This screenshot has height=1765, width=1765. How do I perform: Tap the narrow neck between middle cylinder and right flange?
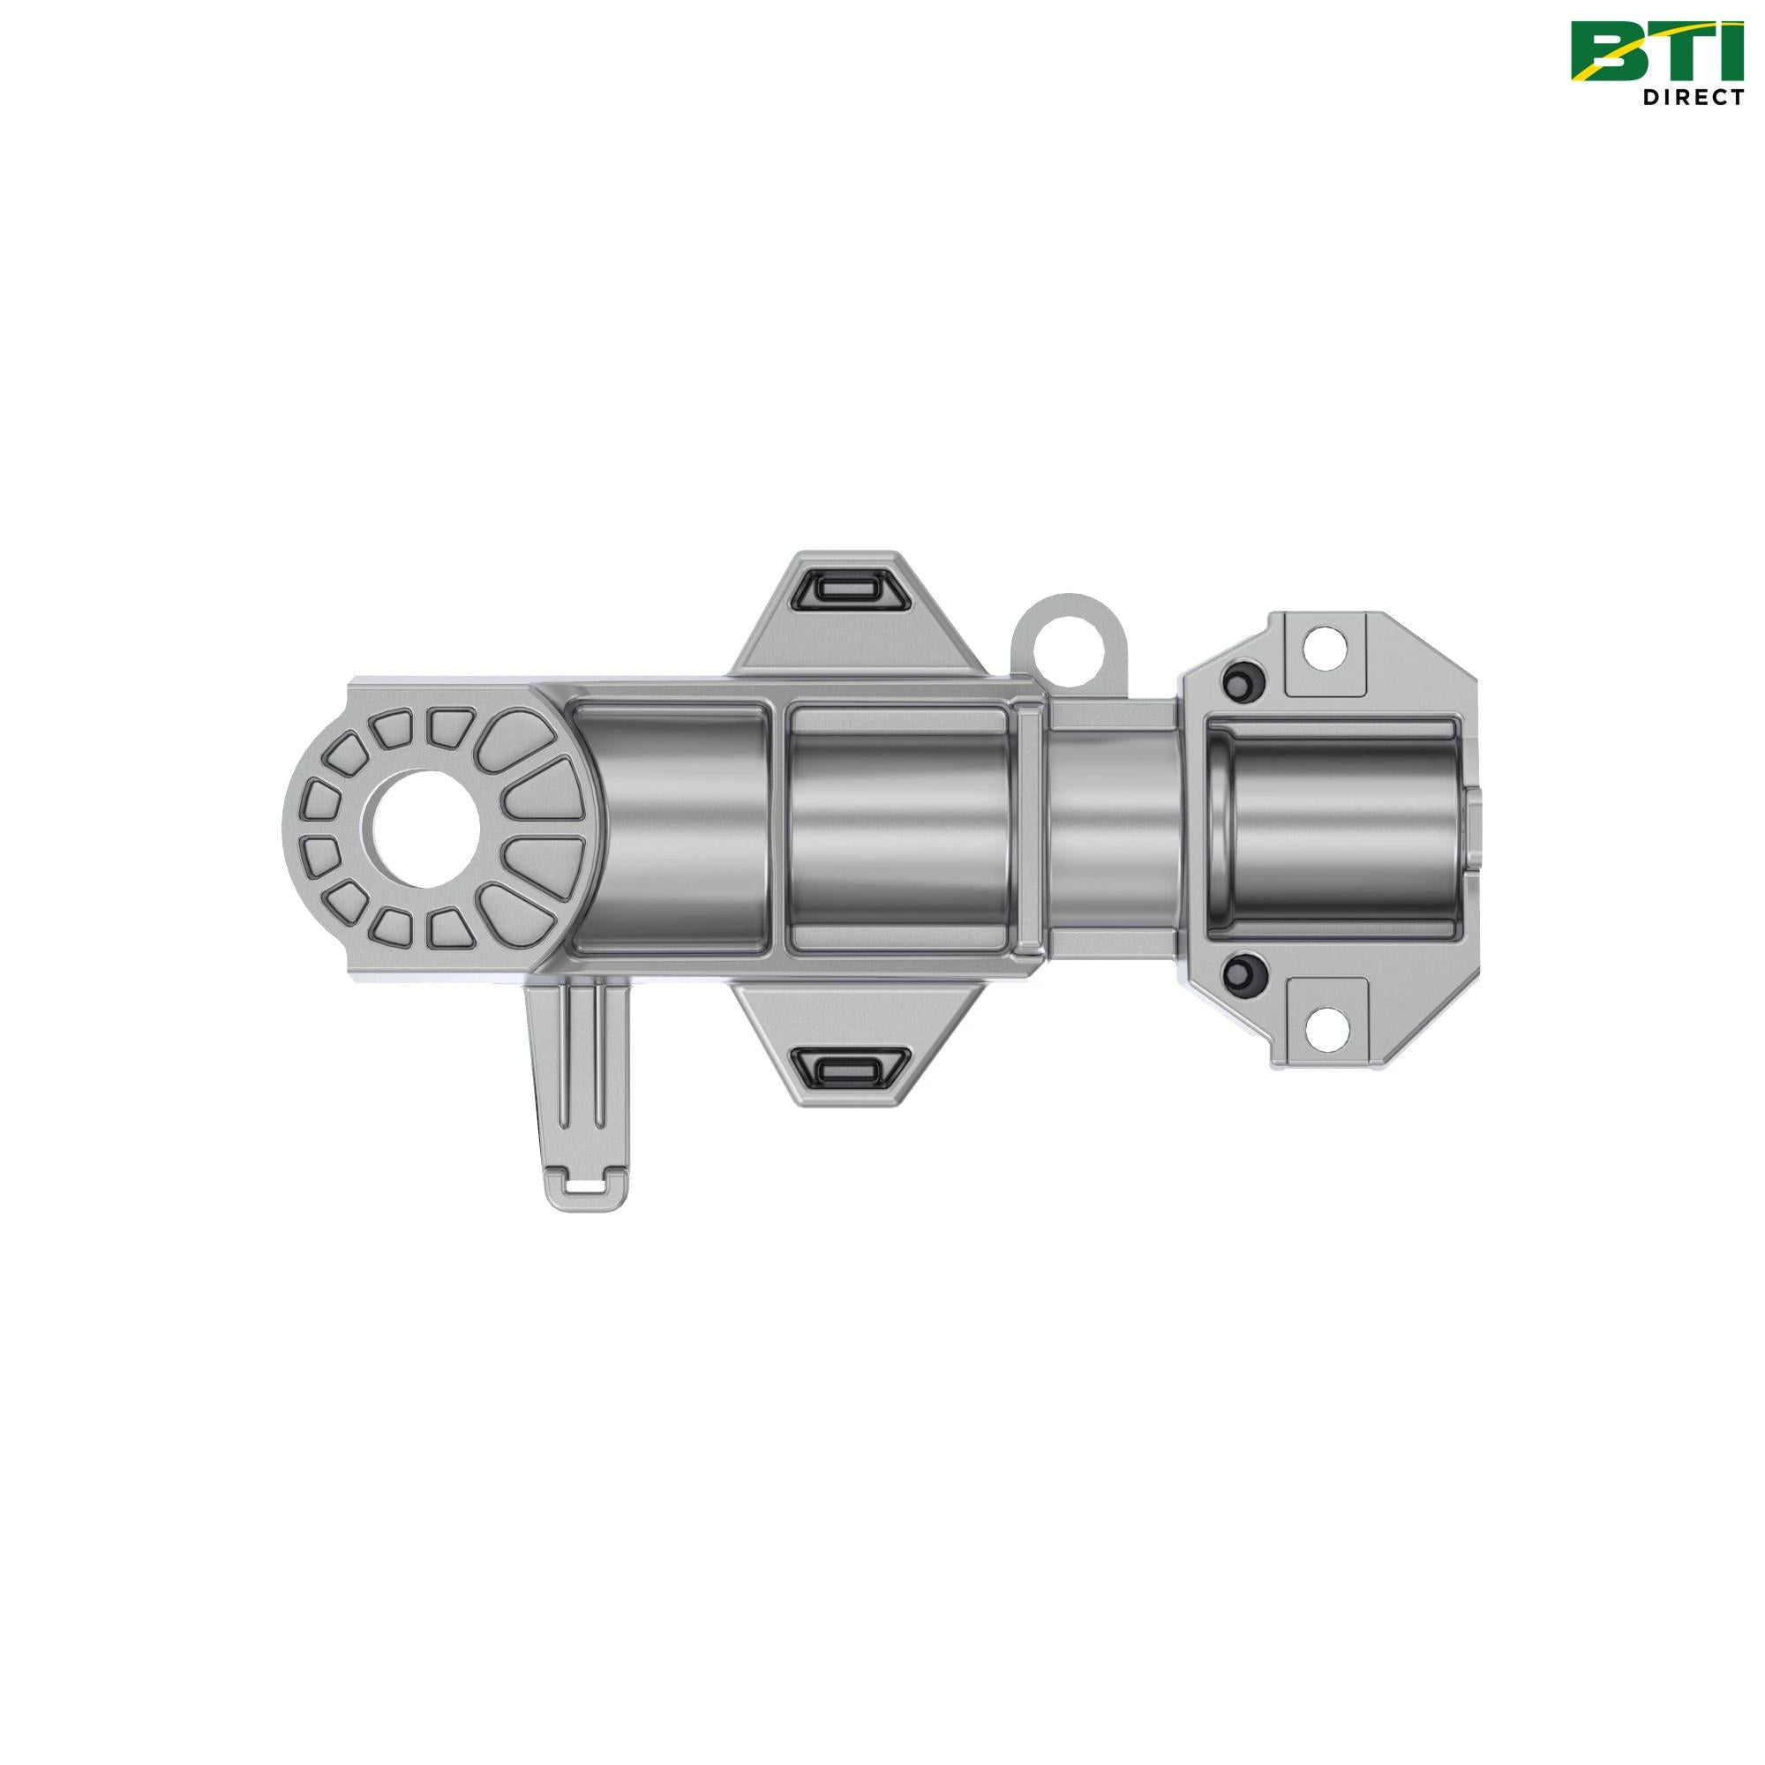click(x=1110, y=830)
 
